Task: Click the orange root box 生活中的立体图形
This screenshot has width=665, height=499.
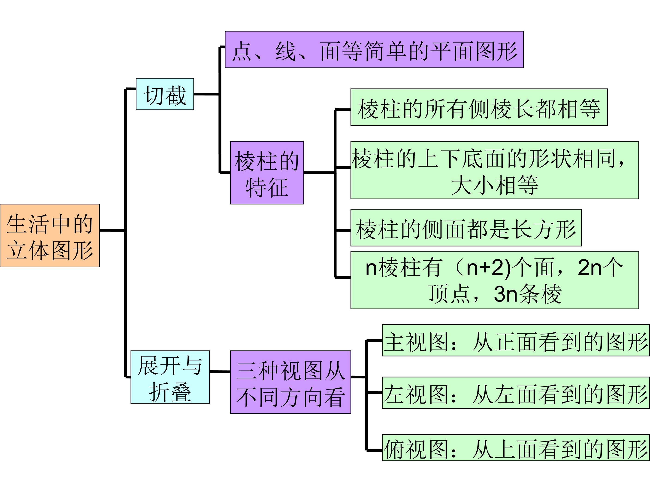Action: tap(50, 235)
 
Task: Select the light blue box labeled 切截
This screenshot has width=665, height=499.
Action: tap(165, 94)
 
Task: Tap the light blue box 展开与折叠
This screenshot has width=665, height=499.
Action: tap(170, 377)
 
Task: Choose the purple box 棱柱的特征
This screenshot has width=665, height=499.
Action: tap(267, 173)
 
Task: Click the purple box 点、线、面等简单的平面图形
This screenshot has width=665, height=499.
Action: tap(374, 50)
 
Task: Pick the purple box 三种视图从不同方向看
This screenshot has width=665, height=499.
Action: tap(290, 382)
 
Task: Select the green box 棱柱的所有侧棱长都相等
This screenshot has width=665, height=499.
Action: tap(479, 107)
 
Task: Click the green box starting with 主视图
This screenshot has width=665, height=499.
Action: tap(516, 340)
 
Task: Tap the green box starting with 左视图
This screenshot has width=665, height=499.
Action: tap(516, 393)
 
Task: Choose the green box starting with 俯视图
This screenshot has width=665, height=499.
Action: tap(516, 447)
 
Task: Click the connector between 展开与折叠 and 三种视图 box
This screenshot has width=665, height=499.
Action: tap(220, 372)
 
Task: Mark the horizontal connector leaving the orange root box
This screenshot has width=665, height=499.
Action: tap(112, 230)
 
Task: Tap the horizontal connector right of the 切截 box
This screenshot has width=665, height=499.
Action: tap(206, 94)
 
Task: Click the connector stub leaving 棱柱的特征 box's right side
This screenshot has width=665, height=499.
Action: tap(319, 173)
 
